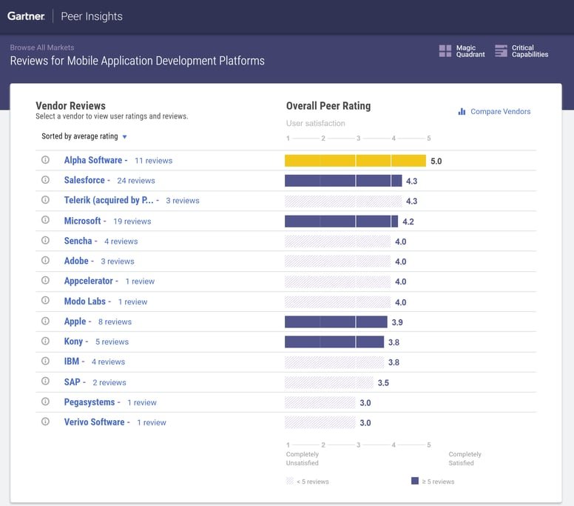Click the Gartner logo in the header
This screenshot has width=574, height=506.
pos(26,16)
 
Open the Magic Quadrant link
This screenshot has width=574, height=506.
pos(462,51)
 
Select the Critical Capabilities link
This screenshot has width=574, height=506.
pos(521,51)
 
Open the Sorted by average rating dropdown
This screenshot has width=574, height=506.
pos(84,136)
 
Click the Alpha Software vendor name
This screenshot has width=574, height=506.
pos(93,160)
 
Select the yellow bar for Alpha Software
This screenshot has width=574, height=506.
pos(355,161)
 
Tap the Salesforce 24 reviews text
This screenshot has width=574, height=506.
pos(136,181)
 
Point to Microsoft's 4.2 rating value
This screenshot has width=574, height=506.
pos(408,222)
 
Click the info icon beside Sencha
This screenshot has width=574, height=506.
pos(45,241)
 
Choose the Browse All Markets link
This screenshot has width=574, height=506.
pos(42,47)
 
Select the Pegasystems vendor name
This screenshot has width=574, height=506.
pos(90,402)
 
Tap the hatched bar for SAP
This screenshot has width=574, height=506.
pos(329,382)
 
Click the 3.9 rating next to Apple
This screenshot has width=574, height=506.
pos(397,322)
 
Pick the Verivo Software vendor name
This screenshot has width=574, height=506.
pos(94,422)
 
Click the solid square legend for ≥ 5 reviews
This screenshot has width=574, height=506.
pos(415,481)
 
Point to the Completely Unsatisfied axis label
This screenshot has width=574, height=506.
pos(303,459)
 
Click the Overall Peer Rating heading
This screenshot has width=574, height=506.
pos(328,106)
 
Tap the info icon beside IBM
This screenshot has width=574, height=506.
pos(45,362)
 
